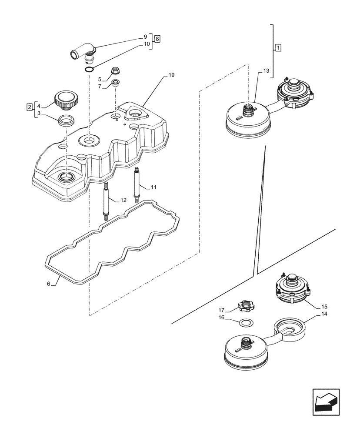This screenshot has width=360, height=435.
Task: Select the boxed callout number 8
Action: point(157,39)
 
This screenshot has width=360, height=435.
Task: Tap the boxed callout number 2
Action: point(29,107)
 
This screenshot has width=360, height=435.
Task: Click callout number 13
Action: point(266,70)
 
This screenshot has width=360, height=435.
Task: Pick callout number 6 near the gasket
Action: point(49,284)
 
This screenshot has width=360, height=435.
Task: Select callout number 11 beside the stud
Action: point(153,187)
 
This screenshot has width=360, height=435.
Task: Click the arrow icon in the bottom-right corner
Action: point(326,401)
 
